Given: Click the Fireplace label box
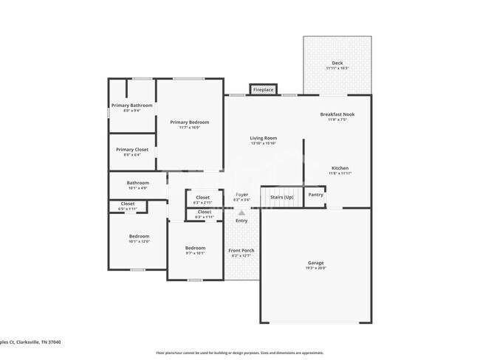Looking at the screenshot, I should coord(263,89).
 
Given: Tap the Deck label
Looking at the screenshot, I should coord(337,63).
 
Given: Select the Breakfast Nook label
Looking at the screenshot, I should coord(337,114).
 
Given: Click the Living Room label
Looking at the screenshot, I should coord(263,138).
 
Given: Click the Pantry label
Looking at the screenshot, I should coord(315,195).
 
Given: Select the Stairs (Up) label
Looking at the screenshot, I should coord(281,197).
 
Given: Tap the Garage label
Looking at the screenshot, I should coord(315,263).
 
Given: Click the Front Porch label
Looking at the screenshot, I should coord(241,251).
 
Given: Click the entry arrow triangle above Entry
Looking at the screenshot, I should coord(241,212).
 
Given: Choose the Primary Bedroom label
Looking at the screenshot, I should coord(189,122).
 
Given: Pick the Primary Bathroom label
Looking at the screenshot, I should coord(131,105).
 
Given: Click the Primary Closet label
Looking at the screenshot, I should coord(131,150).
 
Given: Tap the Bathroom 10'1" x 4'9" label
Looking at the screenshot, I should coord(137,183).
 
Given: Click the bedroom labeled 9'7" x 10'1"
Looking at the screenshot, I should coord(195,248).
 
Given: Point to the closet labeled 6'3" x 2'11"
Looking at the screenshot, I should coord(202,198).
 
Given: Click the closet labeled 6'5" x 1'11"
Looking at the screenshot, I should coord(127,204).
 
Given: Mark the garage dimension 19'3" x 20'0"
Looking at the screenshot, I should coord(315,268).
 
